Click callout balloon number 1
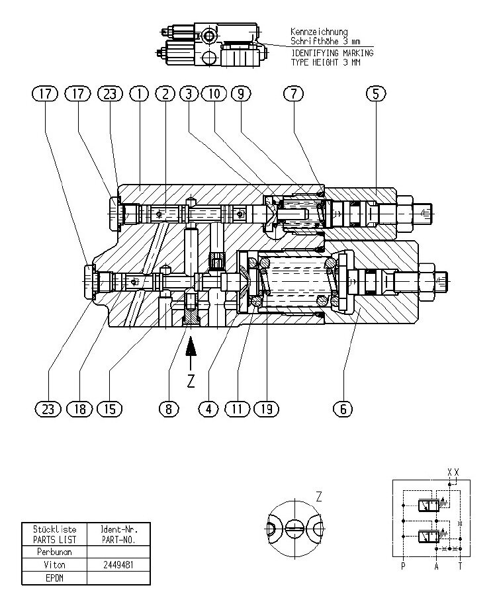[x=139, y=94]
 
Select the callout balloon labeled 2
[x=165, y=94]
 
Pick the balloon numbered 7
[x=292, y=94]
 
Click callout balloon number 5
[x=375, y=94]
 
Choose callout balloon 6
[x=343, y=409]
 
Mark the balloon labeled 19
[x=267, y=409]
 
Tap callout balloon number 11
[x=239, y=409]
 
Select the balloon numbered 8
[x=169, y=409]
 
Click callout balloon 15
[x=110, y=409]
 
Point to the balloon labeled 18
[x=79, y=409]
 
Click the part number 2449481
[x=118, y=564]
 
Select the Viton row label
[x=55, y=564]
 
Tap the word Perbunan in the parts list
[x=55, y=551]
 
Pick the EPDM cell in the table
[x=55, y=578]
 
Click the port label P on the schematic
[x=402, y=566]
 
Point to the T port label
[x=461, y=566]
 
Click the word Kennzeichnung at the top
[x=319, y=31]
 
